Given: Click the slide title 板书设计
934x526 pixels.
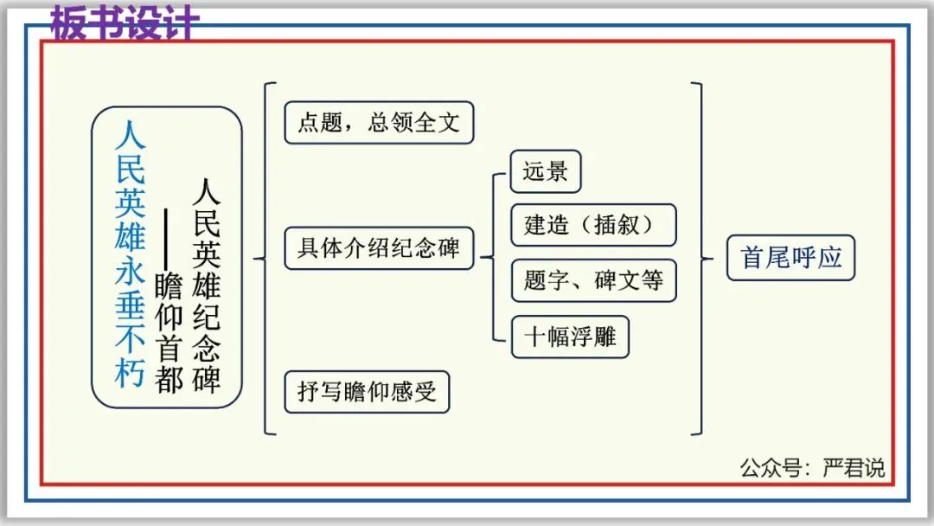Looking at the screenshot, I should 125,23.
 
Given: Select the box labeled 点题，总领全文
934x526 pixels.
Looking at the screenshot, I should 379,123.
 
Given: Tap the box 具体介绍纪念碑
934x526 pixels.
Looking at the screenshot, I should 379,249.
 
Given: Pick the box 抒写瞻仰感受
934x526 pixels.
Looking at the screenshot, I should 367,393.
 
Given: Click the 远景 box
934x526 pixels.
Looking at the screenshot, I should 545,171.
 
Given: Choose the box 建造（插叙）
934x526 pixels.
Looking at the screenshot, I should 592,225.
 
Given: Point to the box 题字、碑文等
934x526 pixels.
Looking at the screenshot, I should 592,280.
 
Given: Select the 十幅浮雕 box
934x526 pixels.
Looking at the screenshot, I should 570,337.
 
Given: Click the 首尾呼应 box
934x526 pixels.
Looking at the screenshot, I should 790,258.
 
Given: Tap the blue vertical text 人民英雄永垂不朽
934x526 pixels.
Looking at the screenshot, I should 131,255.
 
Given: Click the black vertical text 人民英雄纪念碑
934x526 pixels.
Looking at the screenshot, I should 207,285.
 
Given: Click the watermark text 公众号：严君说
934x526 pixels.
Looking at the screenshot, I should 812,468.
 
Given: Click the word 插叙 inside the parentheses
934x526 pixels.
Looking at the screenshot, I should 617,225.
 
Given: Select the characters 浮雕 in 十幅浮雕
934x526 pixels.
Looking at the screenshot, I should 593,337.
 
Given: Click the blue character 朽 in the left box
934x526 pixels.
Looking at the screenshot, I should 131,373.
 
